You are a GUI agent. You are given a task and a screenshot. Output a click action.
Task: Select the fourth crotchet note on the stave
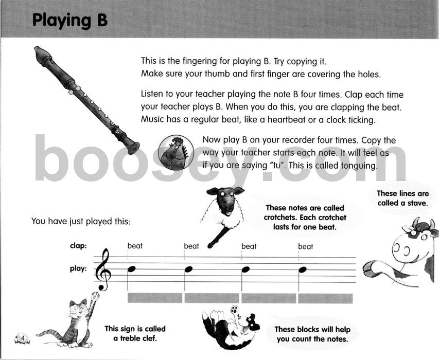pyautogui.click(x=303, y=269)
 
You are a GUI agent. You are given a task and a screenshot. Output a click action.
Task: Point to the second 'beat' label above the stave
pyautogui.click(x=191, y=246)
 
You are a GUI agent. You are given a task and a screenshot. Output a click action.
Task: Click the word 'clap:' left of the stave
pyautogui.click(x=78, y=246)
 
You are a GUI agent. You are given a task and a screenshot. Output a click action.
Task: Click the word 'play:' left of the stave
pyautogui.click(x=78, y=268)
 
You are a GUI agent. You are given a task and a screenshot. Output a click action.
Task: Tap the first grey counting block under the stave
pyautogui.click(x=154, y=298)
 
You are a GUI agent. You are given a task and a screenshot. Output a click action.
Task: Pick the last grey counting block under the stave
pyautogui.click(x=325, y=298)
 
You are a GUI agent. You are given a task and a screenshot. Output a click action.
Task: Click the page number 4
pyautogui.click(x=23, y=337)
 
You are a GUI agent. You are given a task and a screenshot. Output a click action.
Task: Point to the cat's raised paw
pyautogui.click(x=95, y=297)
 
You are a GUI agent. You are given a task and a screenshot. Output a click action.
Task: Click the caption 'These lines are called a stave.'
pyautogui.click(x=402, y=198)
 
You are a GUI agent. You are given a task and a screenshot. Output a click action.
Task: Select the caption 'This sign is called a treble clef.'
pyautogui.click(x=135, y=333)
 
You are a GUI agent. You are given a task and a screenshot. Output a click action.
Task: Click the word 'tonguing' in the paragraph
pyautogui.click(x=356, y=166)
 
